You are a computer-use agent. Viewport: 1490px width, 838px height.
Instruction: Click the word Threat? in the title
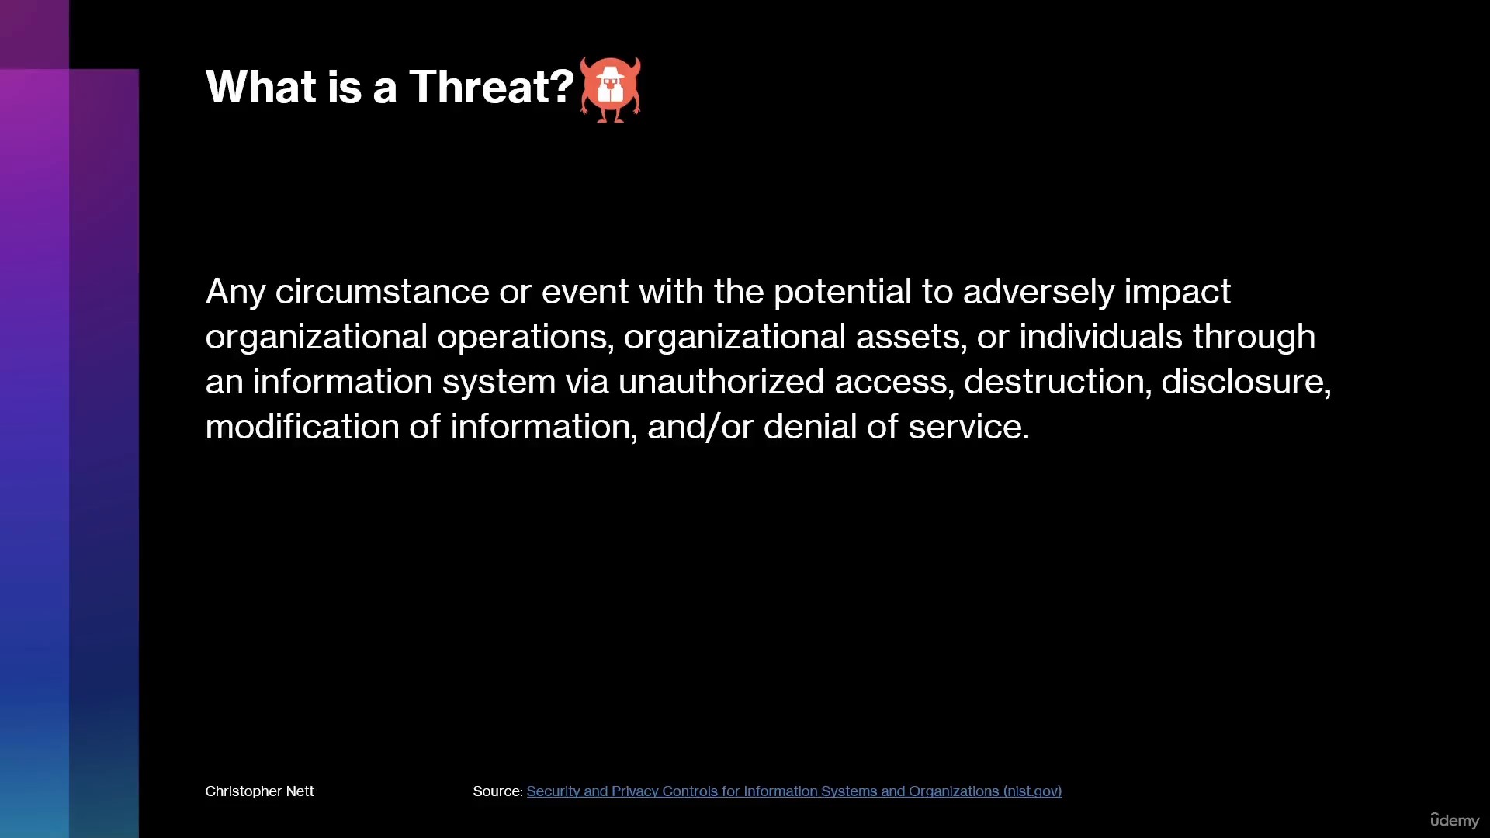491,86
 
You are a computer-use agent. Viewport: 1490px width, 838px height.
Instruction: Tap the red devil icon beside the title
611,89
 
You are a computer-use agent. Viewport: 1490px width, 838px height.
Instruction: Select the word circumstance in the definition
382,293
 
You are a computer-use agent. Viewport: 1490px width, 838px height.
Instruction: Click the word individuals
1100,338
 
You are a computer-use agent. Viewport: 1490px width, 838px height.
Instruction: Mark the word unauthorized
721,383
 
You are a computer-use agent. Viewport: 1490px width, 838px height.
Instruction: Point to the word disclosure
1246,383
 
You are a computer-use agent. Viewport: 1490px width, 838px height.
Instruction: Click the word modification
303,428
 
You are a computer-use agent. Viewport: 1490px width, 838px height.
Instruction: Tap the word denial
810,428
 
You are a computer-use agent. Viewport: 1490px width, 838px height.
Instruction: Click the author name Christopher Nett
259,791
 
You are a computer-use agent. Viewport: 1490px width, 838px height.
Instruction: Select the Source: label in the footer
497,791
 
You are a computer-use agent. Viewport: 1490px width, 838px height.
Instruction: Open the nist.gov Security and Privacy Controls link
794,791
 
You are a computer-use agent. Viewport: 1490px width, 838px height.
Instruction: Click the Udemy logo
1454,820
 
